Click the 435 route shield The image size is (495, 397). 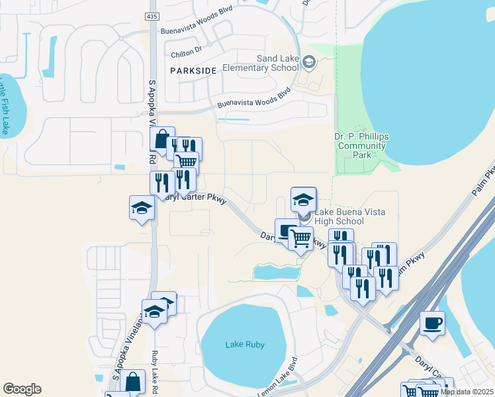pos(152,15)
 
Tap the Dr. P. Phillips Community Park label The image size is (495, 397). pos(361,146)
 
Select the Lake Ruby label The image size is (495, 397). pos(245,345)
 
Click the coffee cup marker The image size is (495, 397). pos(432,323)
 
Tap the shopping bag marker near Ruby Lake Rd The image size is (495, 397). pos(132,380)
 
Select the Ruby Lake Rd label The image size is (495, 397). pos(156,370)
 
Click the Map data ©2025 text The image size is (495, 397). pos(467,392)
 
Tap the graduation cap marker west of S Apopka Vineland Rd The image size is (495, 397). pos(142,208)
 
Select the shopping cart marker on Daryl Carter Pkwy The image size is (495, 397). pos(300,238)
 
